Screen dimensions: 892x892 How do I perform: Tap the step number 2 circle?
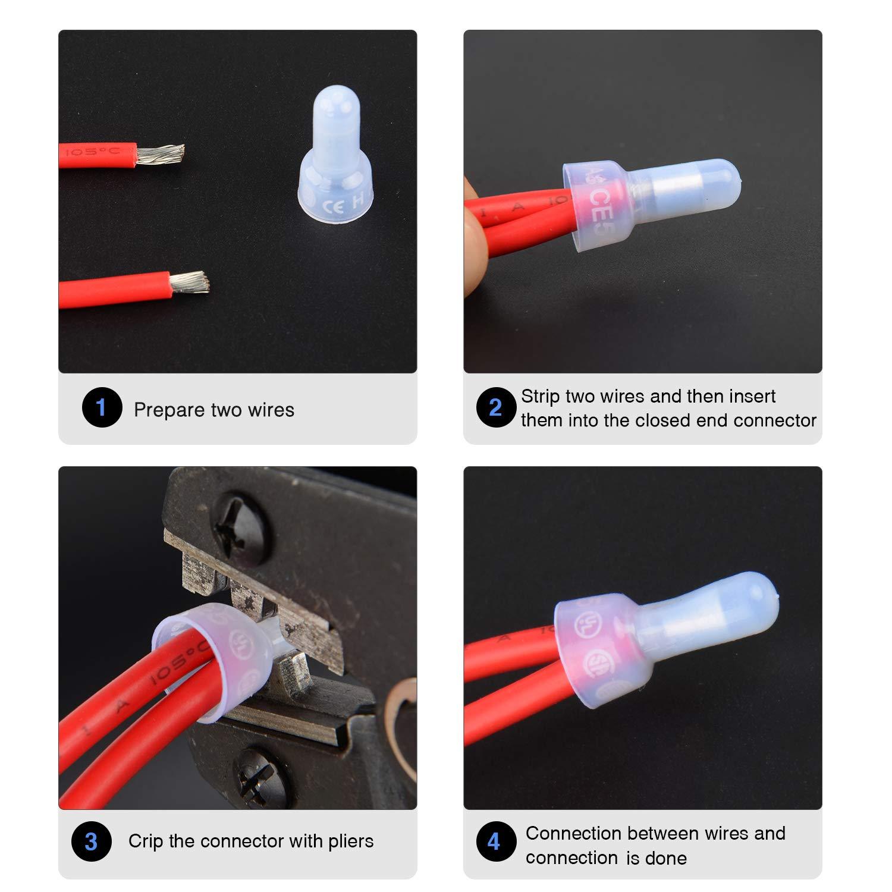[495, 407]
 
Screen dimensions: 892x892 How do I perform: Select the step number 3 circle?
[91, 841]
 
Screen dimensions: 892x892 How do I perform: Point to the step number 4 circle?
[494, 841]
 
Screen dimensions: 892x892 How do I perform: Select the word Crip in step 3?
[145, 841]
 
